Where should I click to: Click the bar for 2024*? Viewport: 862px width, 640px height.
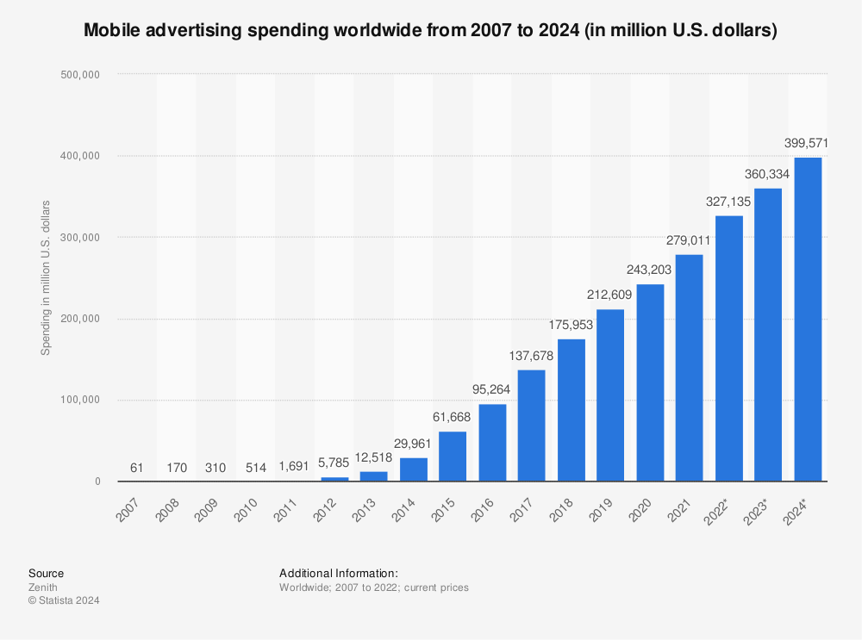(808, 320)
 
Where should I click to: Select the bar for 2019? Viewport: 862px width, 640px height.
(610, 395)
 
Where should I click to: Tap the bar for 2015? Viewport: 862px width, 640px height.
(453, 457)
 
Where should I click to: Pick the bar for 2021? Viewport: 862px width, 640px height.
(690, 368)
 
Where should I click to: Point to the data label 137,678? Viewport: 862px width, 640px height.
(531, 356)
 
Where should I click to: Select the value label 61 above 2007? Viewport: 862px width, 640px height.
(137, 468)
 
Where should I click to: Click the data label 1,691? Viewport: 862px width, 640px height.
(295, 468)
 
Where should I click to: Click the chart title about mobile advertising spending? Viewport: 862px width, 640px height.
(430, 31)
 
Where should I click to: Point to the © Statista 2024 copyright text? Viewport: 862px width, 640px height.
(64, 600)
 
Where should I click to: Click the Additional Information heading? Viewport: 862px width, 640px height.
(338, 573)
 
